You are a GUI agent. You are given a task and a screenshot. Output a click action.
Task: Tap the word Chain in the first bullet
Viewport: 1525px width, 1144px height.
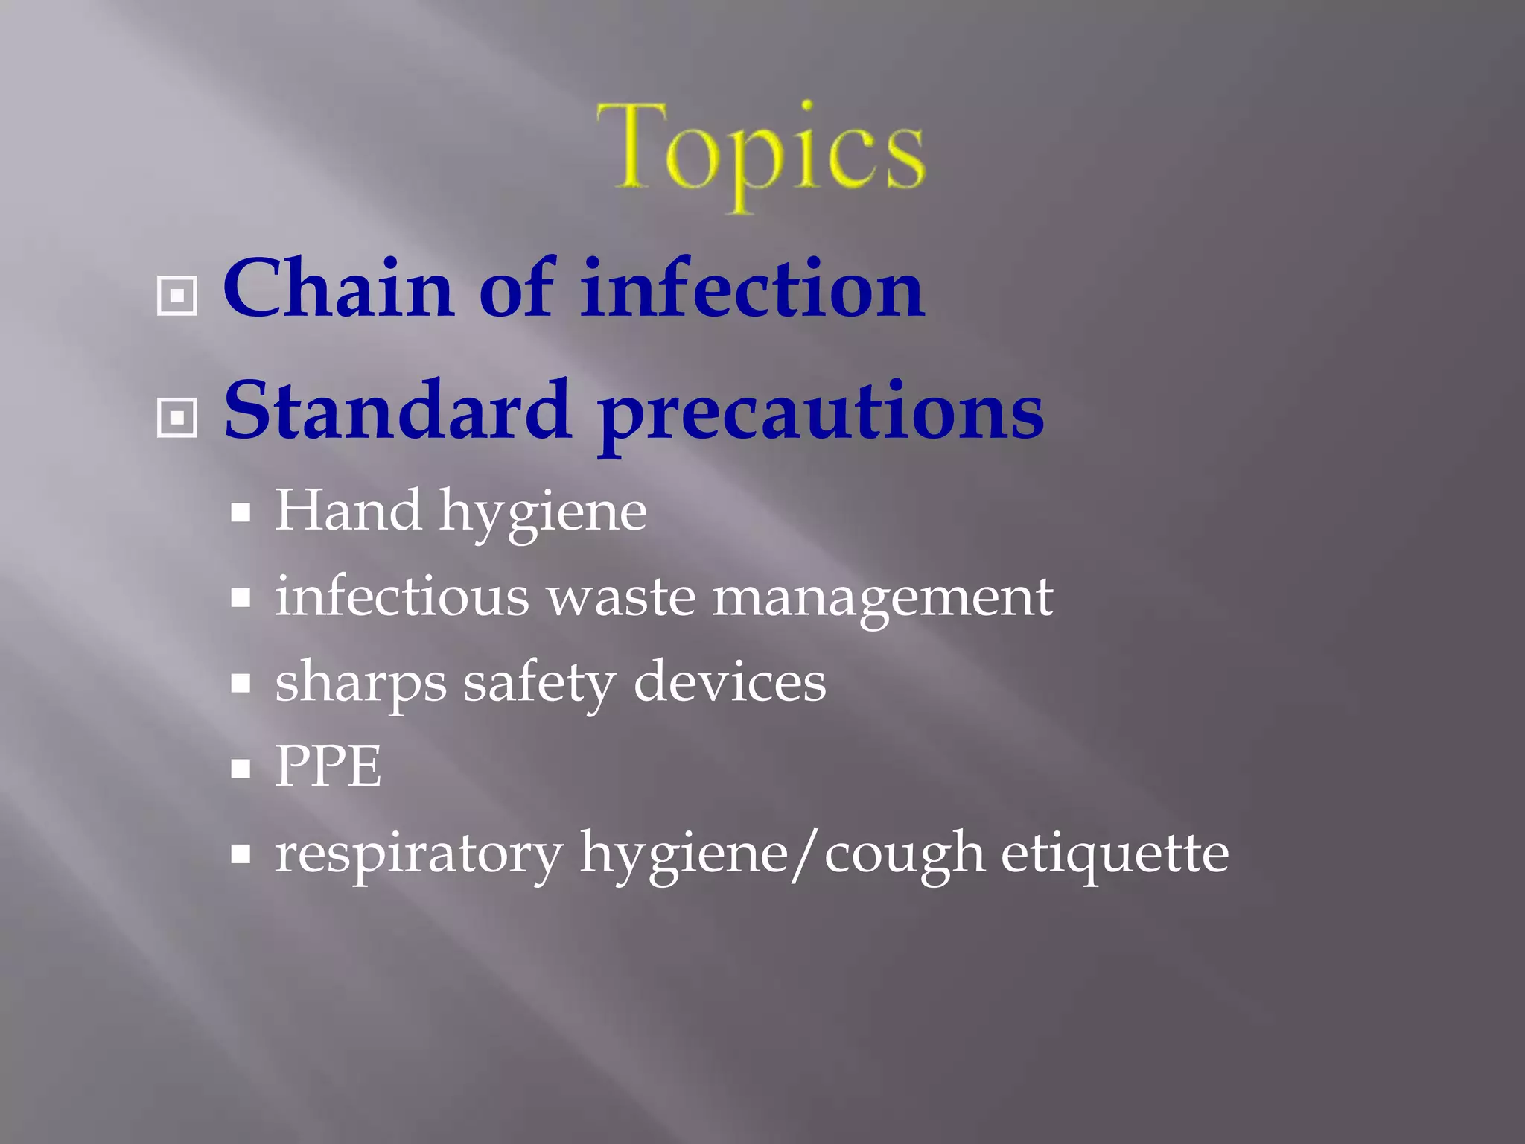[339, 288]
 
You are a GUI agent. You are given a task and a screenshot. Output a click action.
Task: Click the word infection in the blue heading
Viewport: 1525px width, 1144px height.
[752, 288]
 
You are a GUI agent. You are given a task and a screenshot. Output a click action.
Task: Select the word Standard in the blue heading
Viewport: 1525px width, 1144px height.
[398, 410]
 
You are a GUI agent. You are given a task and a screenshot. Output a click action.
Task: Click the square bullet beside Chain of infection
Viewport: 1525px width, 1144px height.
[177, 296]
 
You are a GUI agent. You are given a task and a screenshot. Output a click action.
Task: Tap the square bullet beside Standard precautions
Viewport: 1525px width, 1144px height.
[177, 418]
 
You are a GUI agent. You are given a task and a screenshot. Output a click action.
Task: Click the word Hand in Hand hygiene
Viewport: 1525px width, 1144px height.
[348, 511]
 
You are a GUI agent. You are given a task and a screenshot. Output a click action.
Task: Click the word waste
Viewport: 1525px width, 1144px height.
[621, 598]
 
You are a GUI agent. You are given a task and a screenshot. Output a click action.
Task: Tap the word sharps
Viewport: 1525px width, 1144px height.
[360, 684]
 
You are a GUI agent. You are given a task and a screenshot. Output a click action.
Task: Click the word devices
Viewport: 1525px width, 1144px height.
[730, 682]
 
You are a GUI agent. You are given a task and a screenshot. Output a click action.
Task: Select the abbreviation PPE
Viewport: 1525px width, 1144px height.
[328, 766]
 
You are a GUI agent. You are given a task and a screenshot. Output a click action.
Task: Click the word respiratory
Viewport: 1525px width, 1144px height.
[418, 854]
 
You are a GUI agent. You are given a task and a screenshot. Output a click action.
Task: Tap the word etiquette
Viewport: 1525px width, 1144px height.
[1115, 854]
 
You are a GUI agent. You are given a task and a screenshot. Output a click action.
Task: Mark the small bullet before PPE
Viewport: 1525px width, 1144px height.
[241, 769]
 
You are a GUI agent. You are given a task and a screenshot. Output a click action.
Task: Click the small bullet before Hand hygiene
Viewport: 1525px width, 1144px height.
[241, 513]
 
